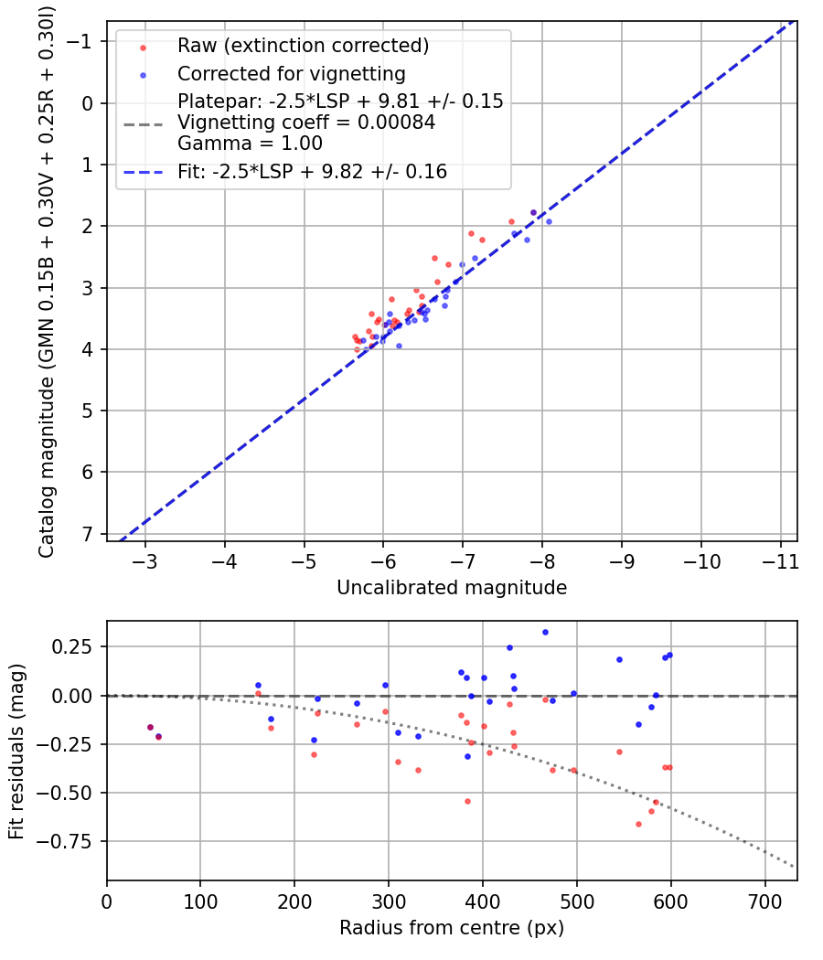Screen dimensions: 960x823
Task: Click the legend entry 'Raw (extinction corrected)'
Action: pyautogui.click(x=303, y=46)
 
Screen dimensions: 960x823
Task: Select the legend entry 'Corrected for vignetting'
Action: pyautogui.click(x=291, y=73)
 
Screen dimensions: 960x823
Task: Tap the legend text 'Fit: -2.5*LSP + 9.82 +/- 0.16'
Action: pyautogui.click(x=312, y=172)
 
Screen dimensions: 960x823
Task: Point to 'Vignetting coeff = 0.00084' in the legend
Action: pyautogui.click(x=306, y=123)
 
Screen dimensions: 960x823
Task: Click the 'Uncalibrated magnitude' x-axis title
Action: pyautogui.click(x=452, y=588)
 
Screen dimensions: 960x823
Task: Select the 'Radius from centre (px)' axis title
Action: pyautogui.click(x=452, y=928)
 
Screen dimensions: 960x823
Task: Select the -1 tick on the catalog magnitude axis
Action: pyautogui.click(x=84, y=41)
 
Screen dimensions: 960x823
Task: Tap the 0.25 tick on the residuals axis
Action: pyautogui.click(x=76, y=647)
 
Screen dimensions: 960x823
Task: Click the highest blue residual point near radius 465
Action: pyautogui.click(x=545, y=632)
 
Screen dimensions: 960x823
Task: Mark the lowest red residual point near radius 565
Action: pyautogui.click(x=638, y=824)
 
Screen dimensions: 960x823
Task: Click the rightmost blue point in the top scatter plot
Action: pyautogui.click(x=549, y=221)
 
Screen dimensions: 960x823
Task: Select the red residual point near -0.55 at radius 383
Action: pyautogui.click(x=467, y=801)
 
